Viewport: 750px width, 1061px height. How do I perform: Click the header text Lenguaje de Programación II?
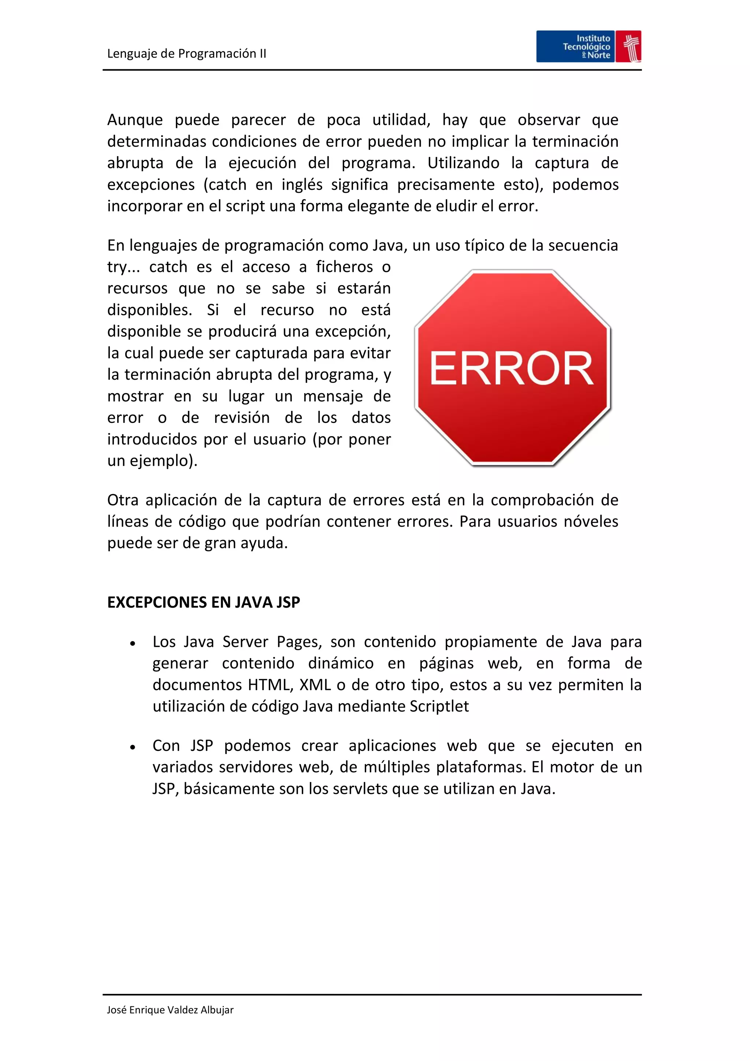pos(186,54)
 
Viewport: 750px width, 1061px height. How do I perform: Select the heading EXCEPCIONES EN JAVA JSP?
pos(204,602)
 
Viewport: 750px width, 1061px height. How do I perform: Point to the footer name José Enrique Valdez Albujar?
pos(170,1010)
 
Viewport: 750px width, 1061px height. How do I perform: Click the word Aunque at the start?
pos(135,120)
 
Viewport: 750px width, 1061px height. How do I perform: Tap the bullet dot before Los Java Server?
pos(133,643)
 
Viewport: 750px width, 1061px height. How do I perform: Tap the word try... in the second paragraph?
pos(123,267)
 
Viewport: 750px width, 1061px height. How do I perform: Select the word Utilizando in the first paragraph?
pos(463,163)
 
